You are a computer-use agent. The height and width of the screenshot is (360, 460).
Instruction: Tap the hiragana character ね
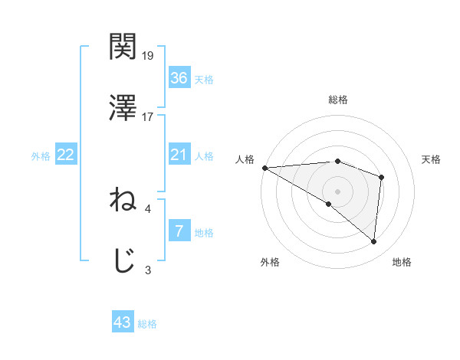[123, 200]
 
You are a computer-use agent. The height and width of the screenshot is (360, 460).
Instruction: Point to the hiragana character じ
[123, 260]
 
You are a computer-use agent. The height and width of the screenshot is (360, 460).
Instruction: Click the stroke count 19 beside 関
[149, 55]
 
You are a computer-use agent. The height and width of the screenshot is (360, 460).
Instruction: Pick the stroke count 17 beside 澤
[149, 116]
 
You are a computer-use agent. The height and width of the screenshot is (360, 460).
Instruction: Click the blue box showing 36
[179, 78]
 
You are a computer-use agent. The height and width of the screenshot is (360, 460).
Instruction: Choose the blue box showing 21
[179, 155]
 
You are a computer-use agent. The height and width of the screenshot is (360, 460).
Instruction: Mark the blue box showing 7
[179, 231]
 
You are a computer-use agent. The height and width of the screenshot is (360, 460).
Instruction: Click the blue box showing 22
[66, 155]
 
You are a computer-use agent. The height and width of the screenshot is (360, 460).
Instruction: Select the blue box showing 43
[123, 322]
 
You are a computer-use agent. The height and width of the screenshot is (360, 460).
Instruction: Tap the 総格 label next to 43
[147, 324]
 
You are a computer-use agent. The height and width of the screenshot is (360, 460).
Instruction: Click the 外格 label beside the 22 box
[41, 156]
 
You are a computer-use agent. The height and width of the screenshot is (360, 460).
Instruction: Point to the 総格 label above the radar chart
[338, 100]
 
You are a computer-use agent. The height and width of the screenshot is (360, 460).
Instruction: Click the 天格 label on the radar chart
[432, 159]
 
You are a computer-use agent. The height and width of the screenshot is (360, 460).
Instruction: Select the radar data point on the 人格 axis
[264, 168]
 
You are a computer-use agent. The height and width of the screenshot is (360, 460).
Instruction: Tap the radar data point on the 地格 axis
[373, 241]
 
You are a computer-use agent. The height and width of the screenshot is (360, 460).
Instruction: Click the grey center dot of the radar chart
[337, 191]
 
